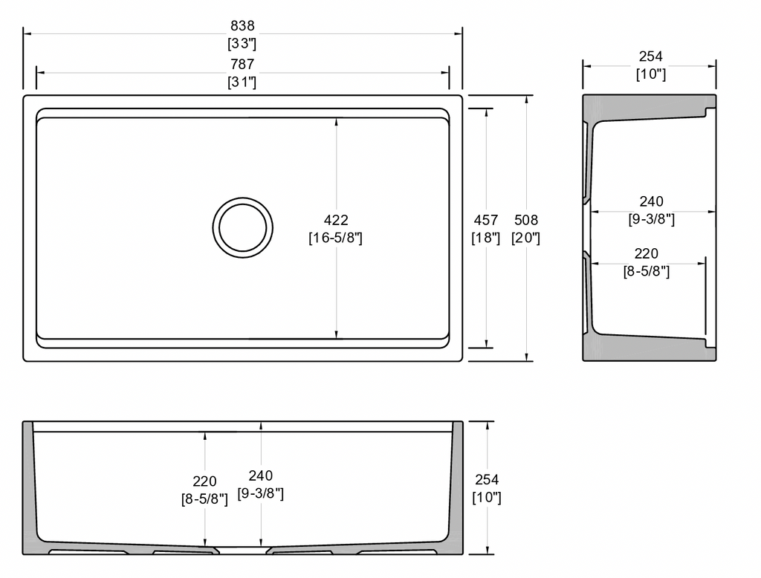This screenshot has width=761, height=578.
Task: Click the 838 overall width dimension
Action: point(242,25)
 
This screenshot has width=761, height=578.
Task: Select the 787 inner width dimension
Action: point(242,64)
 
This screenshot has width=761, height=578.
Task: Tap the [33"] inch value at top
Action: point(242,44)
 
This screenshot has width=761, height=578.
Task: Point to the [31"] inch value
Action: point(242,82)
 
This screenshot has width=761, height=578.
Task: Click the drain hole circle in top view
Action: point(243,198)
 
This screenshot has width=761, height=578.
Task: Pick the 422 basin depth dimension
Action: point(336,221)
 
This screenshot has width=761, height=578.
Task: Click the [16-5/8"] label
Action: point(336,238)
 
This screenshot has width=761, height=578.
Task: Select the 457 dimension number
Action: point(486,221)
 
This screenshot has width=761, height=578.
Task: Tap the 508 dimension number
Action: point(526,221)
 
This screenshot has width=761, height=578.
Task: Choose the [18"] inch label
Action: point(486,238)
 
